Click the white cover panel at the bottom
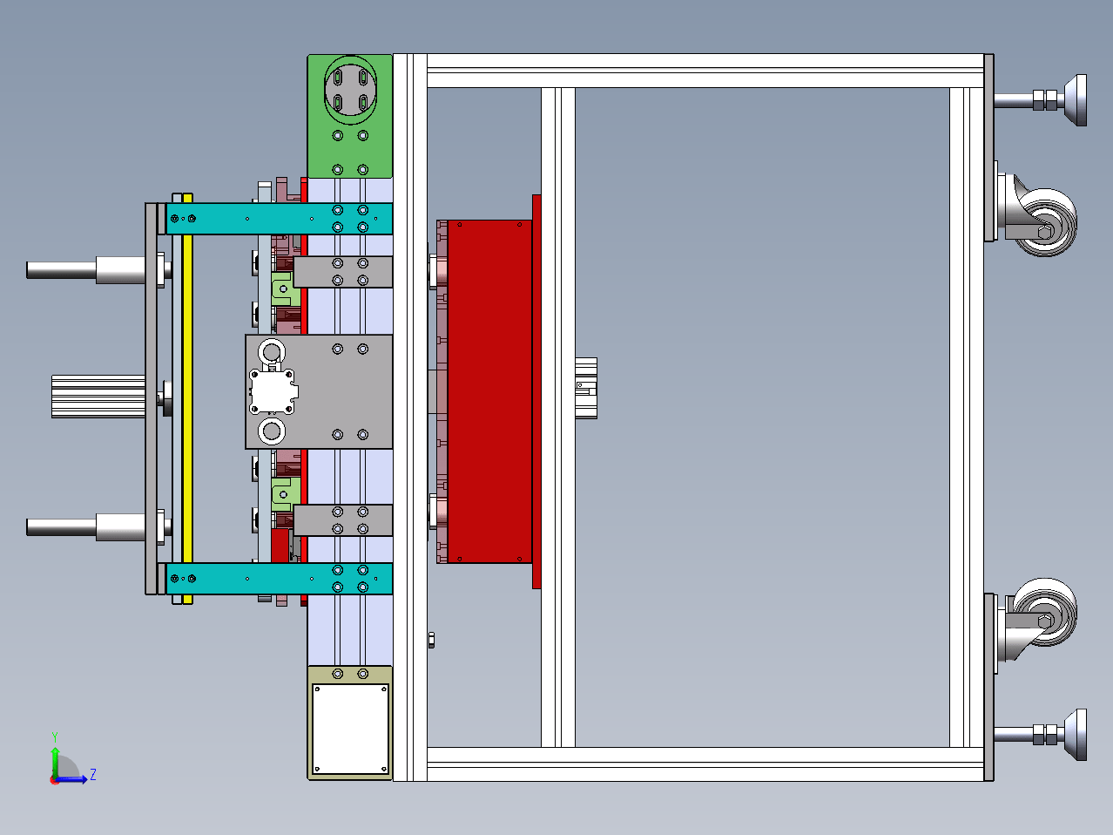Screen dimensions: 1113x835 tap(350, 729)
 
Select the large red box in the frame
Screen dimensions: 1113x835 tap(489, 391)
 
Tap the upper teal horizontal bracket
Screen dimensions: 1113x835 tap(279, 219)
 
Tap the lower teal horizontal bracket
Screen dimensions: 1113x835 tap(279, 578)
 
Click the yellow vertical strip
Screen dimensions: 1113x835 tap(187, 398)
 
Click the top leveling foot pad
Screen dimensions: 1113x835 tap(1076, 100)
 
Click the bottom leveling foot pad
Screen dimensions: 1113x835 tap(1076, 735)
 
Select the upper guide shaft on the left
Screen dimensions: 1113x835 tap(86, 269)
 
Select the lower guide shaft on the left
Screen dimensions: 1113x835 tap(86, 527)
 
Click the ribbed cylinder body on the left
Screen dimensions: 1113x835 tap(98, 397)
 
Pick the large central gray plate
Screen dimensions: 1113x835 tap(345, 391)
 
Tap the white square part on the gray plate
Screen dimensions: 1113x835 tap(273, 391)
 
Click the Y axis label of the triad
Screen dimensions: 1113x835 tap(55, 737)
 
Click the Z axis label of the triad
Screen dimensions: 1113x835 tap(93, 774)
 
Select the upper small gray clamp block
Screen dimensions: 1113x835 tap(343, 272)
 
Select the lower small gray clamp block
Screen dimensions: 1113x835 tap(343, 520)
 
